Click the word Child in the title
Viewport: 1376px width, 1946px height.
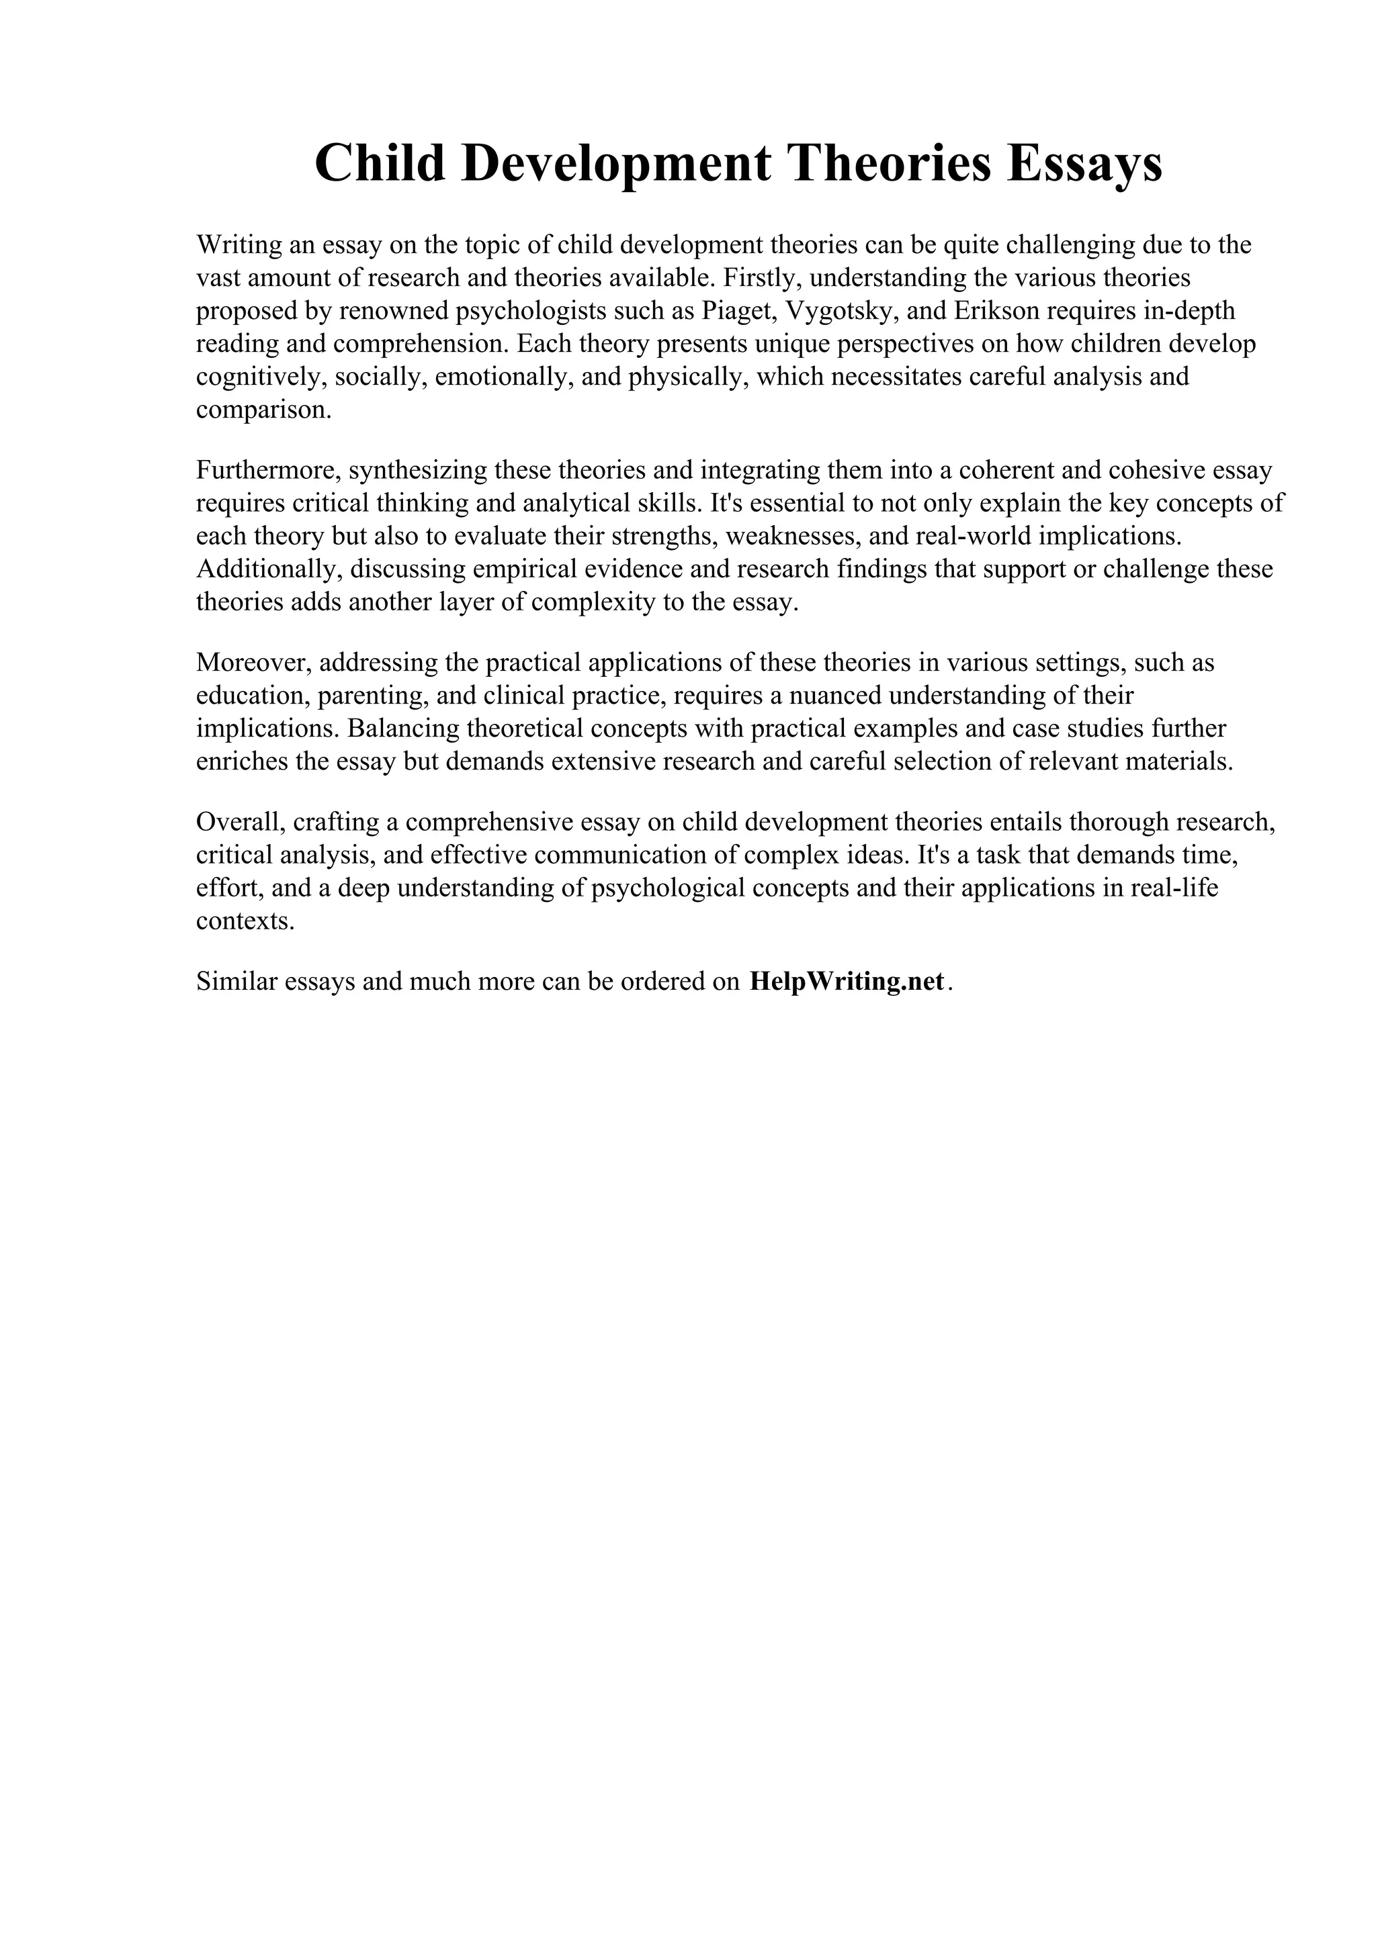tap(380, 164)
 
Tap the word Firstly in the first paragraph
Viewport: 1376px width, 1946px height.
tap(762, 278)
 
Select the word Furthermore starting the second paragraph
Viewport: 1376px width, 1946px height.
tap(268, 471)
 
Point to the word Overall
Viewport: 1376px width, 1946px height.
tap(240, 822)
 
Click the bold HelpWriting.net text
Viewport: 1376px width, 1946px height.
tap(846, 982)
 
